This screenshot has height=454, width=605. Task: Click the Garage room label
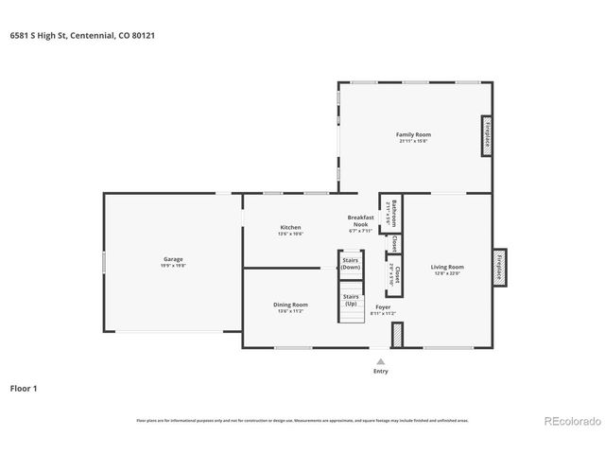173,258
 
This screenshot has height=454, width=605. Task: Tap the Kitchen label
290,227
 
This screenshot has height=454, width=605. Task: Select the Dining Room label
290,305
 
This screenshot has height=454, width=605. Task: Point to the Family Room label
413,135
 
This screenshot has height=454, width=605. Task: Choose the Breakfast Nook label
361,220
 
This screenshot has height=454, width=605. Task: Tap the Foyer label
383,307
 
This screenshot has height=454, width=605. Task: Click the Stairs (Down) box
351,264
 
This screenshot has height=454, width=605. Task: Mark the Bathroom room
389,214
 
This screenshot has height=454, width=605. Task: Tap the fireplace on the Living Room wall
498,266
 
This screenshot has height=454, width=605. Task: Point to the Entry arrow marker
381,360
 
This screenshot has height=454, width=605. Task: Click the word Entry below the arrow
381,371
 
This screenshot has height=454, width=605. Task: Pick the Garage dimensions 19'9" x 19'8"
173,265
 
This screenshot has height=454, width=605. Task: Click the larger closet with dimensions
392,274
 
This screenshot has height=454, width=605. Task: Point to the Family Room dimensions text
413,142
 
